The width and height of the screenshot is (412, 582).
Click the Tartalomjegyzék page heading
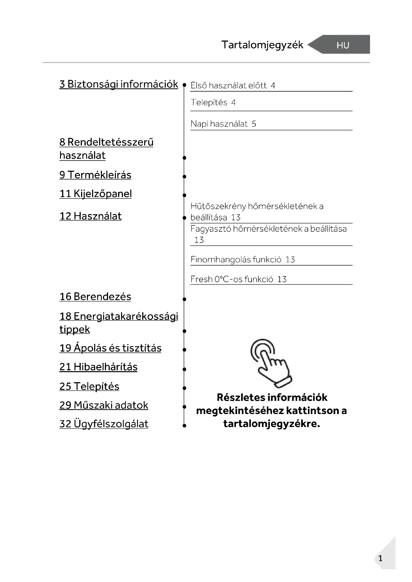(262, 45)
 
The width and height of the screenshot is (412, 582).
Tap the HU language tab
(343, 45)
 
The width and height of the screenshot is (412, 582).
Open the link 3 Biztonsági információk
(119, 84)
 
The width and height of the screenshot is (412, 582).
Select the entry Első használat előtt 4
(233, 86)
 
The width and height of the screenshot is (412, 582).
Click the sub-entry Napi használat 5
(223, 124)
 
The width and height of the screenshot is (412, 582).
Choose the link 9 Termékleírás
(95, 175)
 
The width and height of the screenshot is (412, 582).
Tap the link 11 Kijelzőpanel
(95, 194)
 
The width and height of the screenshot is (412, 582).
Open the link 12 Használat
(90, 216)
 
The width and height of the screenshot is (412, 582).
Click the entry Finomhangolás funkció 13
(243, 260)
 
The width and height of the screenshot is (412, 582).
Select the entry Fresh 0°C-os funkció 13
(238, 279)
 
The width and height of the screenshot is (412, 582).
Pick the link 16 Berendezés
(95, 297)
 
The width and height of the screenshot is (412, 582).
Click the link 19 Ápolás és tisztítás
(110, 348)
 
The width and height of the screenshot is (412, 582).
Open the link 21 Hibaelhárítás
(98, 367)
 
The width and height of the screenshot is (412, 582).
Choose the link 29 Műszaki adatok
(104, 405)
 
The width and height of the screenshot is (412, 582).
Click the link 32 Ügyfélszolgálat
(104, 424)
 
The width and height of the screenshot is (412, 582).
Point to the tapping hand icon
(271, 363)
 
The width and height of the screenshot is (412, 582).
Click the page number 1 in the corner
(380, 558)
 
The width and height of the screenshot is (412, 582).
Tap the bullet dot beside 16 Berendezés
(184, 299)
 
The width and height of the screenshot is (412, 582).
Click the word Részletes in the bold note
(236, 397)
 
